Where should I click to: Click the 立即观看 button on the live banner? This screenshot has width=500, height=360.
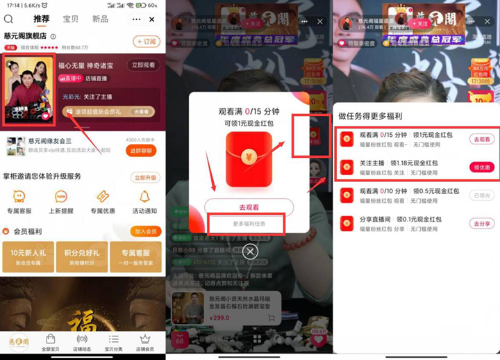142,65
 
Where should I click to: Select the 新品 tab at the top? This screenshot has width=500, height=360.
100,19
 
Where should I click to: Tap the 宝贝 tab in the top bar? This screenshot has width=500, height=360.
71,19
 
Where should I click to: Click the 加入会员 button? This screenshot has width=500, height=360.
146,231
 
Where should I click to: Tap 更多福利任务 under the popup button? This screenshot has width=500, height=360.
249,224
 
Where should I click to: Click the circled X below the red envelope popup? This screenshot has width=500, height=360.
250,252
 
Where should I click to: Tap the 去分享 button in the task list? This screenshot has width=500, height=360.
481,223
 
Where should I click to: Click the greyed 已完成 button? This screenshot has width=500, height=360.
481,195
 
